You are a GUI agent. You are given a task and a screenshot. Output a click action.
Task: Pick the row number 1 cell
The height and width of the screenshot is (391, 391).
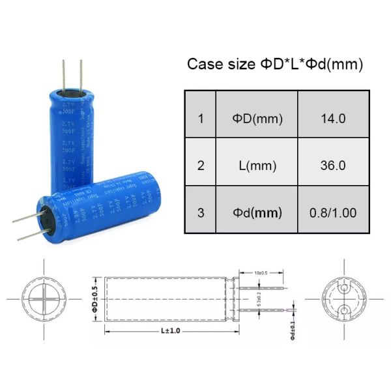click(x=201, y=119)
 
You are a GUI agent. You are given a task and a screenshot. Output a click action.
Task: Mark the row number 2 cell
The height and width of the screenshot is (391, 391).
click(x=201, y=166)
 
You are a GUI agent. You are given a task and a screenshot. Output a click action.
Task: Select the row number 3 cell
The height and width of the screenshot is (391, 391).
click(x=201, y=212)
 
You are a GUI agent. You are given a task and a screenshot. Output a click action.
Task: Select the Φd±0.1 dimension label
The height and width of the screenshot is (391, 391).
click(x=294, y=330)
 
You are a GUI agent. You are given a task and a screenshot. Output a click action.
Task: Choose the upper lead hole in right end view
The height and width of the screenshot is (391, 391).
click(x=344, y=287)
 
